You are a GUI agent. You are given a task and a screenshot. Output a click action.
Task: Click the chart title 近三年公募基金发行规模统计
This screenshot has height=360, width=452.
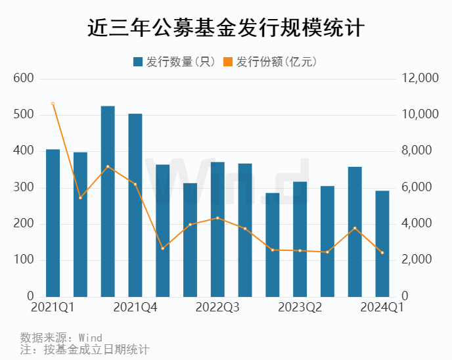[x=226, y=29]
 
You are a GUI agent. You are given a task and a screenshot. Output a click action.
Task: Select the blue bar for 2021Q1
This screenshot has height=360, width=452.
[x=53, y=223]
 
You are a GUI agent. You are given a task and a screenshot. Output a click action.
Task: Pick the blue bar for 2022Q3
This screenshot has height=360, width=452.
[x=217, y=229]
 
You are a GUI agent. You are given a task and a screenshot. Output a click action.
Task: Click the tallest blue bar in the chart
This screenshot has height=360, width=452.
[x=108, y=201]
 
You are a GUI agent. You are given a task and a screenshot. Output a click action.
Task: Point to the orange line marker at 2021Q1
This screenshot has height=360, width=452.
[x=53, y=104]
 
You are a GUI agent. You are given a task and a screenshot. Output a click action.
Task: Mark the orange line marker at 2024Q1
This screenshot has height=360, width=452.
[x=382, y=253]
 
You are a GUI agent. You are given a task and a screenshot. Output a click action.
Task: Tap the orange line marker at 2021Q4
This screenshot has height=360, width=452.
[x=135, y=184]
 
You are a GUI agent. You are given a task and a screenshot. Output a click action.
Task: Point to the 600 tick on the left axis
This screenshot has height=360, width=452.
[x=24, y=78]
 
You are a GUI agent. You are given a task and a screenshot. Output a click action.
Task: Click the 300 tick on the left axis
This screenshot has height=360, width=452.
[x=24, y=188]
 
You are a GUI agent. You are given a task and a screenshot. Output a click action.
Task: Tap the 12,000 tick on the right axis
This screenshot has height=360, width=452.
[x=419, y=78]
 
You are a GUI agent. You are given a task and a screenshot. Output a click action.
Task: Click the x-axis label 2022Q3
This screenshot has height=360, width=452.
[x=217, y=307]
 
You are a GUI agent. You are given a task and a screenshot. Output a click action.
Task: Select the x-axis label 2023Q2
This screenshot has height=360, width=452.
[x=300, y=307]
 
